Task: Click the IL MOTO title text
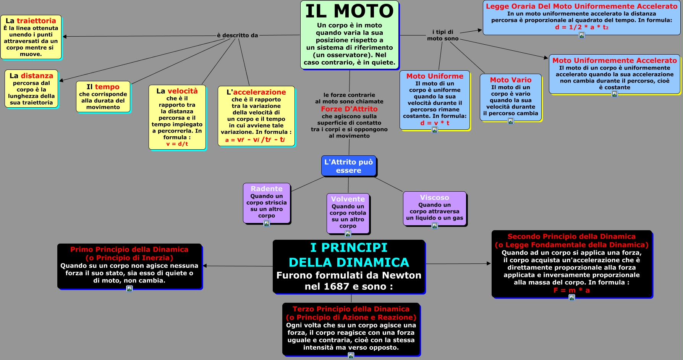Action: (349, 11)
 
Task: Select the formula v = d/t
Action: (177, 144)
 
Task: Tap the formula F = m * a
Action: (571, 290)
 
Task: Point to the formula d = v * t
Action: (435, 123)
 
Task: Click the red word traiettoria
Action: (36, 21)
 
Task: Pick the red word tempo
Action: (107, 87)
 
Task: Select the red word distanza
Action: (37, 76)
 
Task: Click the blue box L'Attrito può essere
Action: (348, 166)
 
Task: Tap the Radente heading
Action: (267, 189)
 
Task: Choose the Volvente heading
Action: (348, 199)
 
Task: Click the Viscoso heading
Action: (434, 197)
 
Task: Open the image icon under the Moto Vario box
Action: (511, 121)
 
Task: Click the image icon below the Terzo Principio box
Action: (351, 355)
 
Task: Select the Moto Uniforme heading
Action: (435, 76)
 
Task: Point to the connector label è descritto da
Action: (237, 36)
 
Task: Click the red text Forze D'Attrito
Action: (349, 109)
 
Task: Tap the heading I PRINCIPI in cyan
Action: (349, 247)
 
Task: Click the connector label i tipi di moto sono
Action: (443, 35)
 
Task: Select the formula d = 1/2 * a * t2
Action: (581, 27)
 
